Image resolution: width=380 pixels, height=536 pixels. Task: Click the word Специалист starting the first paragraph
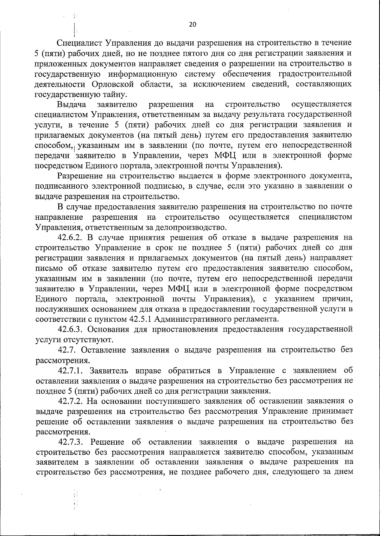click(x=80, y=43)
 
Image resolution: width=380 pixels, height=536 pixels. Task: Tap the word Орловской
click(x=113, y=84)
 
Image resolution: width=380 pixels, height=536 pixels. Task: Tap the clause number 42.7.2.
click(x=71, y=401)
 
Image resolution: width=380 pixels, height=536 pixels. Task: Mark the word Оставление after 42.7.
click(x=103, y=350)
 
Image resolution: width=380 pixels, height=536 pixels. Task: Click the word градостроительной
click(x=315, y=74)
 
